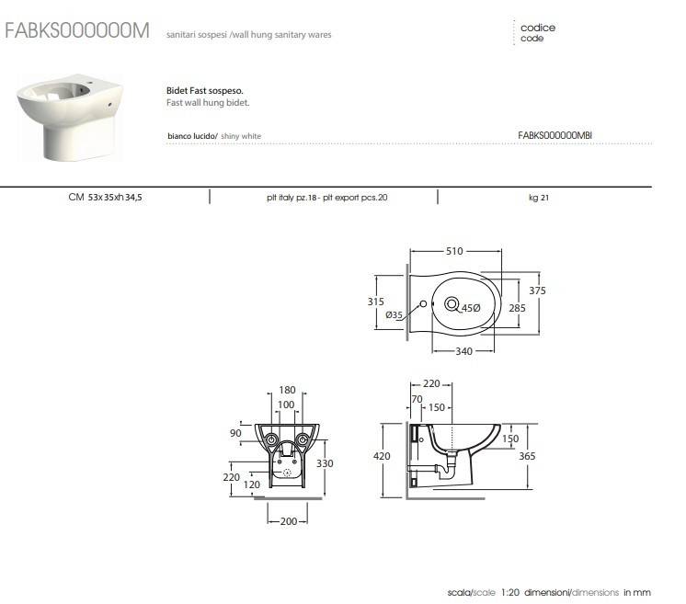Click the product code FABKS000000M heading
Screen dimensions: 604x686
pyautogui.click(x=76, y=30)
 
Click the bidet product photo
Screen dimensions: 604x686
pyautogui.click(x=70, y=117)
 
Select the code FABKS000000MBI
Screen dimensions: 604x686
pyautogui.click(x=555, y=135)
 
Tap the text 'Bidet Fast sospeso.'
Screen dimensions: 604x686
pyautogui.click(x=203, y=91)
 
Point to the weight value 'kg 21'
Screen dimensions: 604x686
pyautogui.click(x=539, y=197)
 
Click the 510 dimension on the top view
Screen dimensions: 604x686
pyautogui.click(x=454, y=251)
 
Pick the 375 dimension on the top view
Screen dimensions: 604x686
pyautogui.click(x=538, y=291)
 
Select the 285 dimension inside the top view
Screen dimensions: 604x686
pyautogui.click(x=517, y=308)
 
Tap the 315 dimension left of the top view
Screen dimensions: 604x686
pyautogui.click(x=374, y=301)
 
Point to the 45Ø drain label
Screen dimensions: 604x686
pyautogui.click(x=471, y=308)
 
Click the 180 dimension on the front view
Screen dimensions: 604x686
pyautogui.click(x=287, y=391)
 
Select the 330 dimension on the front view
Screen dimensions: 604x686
pyautogui.click(x=325, y=463)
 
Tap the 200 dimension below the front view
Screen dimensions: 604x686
pyautogui.click(x=287, y=521)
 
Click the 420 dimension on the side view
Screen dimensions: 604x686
pyautogui.click(x=382, y=456)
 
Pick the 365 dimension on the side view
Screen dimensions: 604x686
pyautogui.click(x=528, y=456)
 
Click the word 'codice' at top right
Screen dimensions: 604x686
pyautogui.click(x=538, y=28)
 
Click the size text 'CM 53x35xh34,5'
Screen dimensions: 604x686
pyautogui.click(x=105, y=197)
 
